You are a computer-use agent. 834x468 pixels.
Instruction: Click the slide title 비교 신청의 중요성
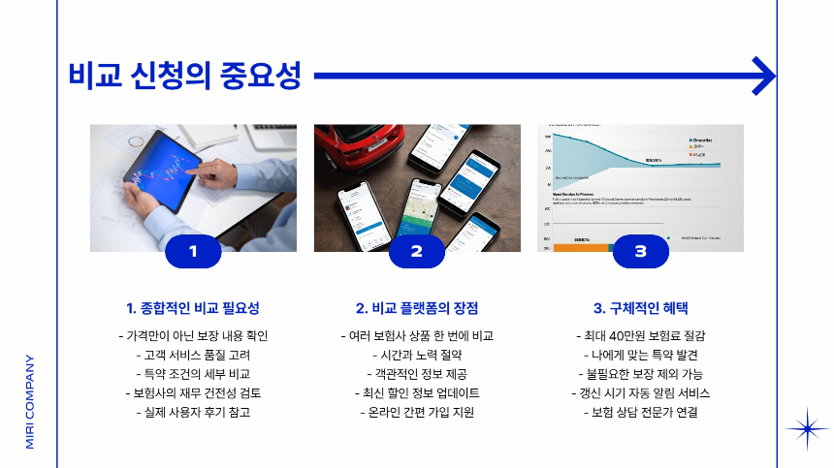pyautogui.click(x=184, y=75)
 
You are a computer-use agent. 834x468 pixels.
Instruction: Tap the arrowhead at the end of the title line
pyautogui.click(x=764, y=75)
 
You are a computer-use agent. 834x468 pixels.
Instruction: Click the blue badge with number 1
pyautogui.click(x=193, y=252)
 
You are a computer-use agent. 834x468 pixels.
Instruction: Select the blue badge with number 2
pyautogui.click(x=417, y=252)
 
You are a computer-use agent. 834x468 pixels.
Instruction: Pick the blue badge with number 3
pyautogui.click(x=640, y=252)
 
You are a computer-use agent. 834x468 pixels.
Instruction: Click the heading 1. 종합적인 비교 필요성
pyautogui.click(x=193, y=308)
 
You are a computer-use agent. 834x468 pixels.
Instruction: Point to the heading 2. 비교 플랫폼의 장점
pyautogui.click(x=417, y=308)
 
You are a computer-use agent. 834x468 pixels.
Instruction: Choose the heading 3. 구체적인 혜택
pyautogui.click(x=640, y=308)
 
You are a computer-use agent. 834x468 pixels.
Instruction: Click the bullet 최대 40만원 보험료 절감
pyautogui.click(x=640, y=336)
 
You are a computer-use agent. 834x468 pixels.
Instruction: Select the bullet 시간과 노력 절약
pyautogui.click(x=417, y=356)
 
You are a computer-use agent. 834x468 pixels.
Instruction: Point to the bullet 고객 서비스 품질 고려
pyautogui.click(x=193, y=356)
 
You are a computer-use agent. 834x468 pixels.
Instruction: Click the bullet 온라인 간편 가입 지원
pyautogui.click(x=417, y=413)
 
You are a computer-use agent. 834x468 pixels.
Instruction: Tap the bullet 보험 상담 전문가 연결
pyautogui.click(x=640, y=413)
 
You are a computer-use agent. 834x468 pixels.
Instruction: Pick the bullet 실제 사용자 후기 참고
pyautogui.click(x=193, y=413)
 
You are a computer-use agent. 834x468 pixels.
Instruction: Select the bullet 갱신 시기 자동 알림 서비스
pyautogui.click(x=640, y=393)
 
